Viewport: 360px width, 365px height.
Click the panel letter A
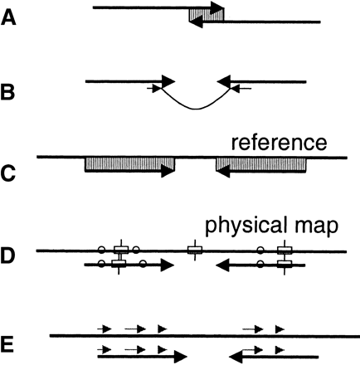pyautogui.click(x=11, y=16)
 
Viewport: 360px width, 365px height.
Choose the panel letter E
pyautogui.click(x=11, y=342)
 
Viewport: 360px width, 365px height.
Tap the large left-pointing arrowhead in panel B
pyautogui.click(x=223, y=80)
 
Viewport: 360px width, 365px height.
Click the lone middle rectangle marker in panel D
pyautogui.click(x=194, y=250)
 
